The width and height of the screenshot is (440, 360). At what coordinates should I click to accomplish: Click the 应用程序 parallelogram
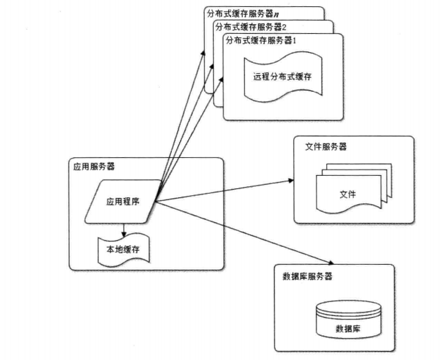(x=123, y=202)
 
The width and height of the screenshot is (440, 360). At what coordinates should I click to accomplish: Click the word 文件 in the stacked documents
(x=348, y=194)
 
